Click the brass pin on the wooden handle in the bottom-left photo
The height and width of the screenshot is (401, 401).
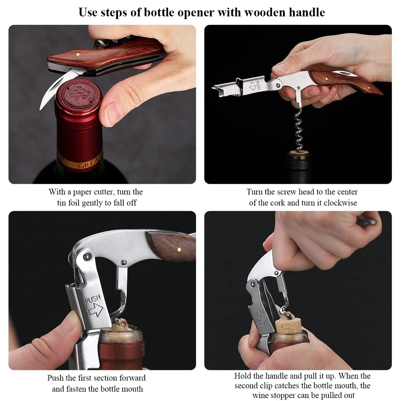179,250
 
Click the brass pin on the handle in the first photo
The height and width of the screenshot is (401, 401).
78,54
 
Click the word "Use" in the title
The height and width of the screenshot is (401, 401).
88,12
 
